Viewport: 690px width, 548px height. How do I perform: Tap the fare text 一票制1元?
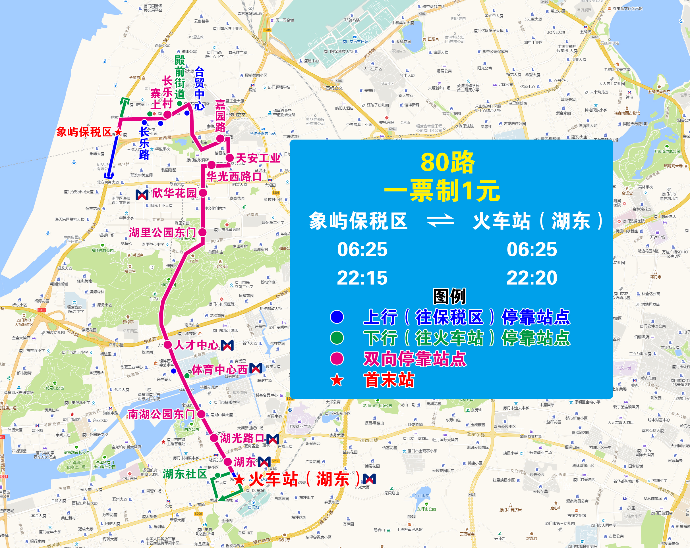click(x=442, y=191)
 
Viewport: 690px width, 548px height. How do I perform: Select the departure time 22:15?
click(x=362, y=278)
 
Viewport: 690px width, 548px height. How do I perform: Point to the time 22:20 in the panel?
click(x=532, y=278)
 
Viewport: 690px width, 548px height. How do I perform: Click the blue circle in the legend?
click(x=337, y=317)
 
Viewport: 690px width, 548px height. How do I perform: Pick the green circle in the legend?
click(x=337, y=337)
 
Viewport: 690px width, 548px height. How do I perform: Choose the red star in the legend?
click(x=337, y=380)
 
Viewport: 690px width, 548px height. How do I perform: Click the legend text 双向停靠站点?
click(x=415, y=359)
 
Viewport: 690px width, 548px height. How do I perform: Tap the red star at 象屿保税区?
click(x=118, y=132)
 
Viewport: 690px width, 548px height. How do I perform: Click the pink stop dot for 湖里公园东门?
click(x=202, y=232)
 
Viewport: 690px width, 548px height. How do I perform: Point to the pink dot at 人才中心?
click(x=168, y=344)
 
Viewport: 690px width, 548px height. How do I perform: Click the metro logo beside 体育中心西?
click(x=255, y=368)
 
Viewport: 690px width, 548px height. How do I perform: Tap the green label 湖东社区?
click(x=185, y=474)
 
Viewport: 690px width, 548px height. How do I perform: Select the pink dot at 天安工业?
click(x=229, y=158)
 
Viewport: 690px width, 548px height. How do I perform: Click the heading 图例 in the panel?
click(x=449, y=296)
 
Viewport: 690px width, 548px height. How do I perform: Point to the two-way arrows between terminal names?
click(x=440, y=221)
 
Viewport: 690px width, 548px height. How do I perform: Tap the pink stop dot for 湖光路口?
click(x=214, y=438)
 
